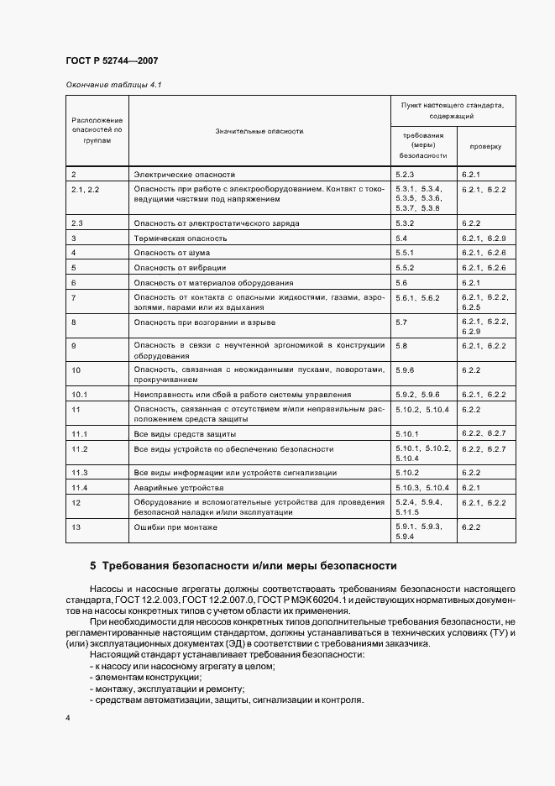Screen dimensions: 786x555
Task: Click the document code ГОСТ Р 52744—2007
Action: point(111,61)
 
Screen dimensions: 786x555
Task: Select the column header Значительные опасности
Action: point(259,131)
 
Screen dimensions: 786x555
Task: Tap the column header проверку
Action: point(485,146)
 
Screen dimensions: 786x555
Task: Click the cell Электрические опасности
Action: point(184,174)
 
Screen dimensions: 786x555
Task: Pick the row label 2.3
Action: point(79,223)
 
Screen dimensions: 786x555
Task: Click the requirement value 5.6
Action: point(401,282)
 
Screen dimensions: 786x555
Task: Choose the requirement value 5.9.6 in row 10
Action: point(405,369)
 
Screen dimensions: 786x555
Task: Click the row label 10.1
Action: point(81,394)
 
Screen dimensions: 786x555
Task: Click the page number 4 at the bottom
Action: point(67,719)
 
